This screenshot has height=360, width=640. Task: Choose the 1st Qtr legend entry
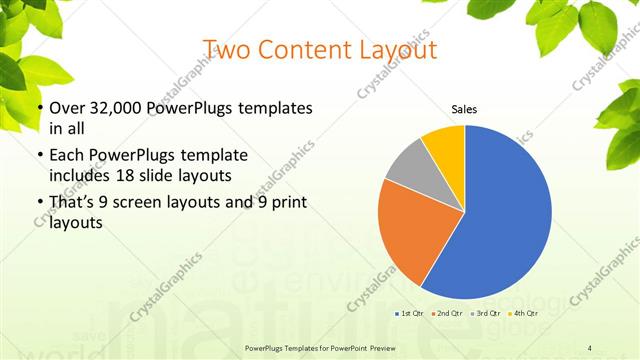(408, 313)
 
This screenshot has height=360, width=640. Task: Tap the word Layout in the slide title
(395, 49)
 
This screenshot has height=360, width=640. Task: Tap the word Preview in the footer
(391, 347)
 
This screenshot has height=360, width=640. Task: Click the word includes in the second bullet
(79, 175)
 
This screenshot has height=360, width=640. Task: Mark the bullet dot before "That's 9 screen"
(39, 205)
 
